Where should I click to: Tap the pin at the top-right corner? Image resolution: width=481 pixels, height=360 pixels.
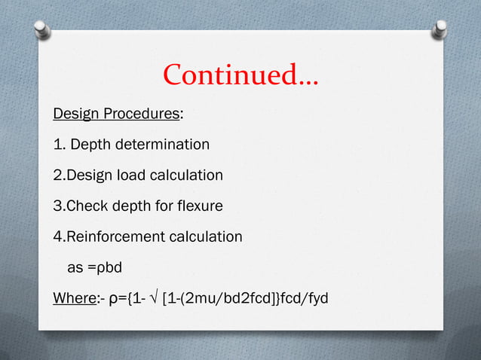pyautogui.click(x=439, y=29)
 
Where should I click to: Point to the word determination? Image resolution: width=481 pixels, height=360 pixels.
pyautogui.click(x=161, y=144)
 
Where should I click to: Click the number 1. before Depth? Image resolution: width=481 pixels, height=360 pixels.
pyautogui.click(x=59, y=144)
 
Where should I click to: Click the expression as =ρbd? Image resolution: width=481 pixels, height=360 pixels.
pyautogui.click(x=97, y=268)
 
